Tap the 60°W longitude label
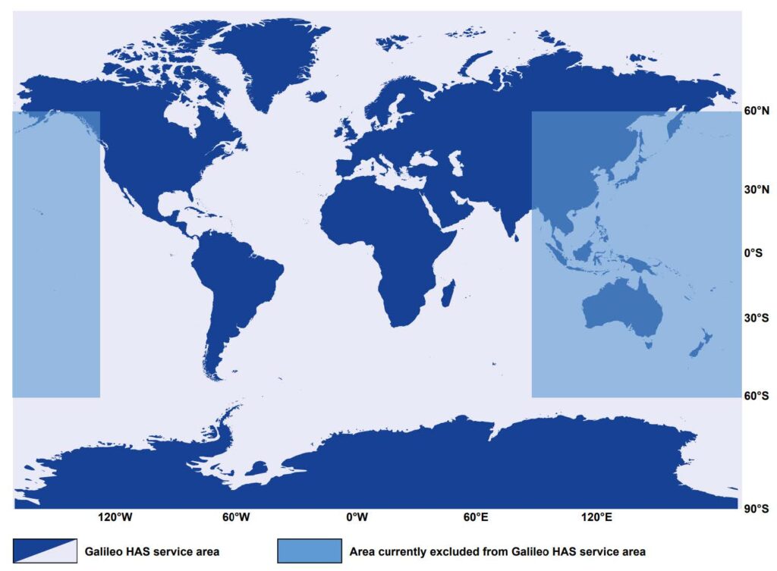[x=236, y=518]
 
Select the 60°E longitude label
[x=476, y=518]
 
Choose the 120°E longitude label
[x=596, y=518]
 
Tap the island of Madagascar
[x=448, y=293]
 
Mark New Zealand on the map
[x=699, y=344]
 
